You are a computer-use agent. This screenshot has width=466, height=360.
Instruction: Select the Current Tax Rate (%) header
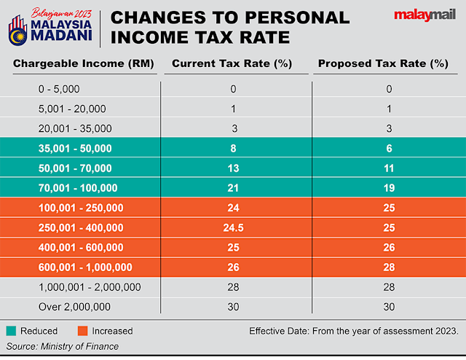(232, 63)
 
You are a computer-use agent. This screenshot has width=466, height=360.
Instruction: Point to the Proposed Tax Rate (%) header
(382, 63)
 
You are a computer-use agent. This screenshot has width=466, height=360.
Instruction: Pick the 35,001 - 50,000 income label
(75, 148)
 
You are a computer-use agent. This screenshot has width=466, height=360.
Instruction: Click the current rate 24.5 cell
(232, 228)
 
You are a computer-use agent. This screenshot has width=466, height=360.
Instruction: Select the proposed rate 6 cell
(390, 148)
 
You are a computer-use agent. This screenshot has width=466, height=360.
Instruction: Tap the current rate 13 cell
(232, 168)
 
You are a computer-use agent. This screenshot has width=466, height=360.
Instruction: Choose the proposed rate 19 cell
(390, 188)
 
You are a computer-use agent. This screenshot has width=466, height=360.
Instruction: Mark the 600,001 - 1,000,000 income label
(85, 267)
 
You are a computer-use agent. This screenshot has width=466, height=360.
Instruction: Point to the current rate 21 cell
(232, 188)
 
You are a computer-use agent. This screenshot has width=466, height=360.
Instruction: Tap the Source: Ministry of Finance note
(63, 346)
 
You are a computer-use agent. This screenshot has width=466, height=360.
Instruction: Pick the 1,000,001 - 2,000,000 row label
(90, 287)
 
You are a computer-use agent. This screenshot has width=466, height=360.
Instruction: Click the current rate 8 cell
(232, 148)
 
